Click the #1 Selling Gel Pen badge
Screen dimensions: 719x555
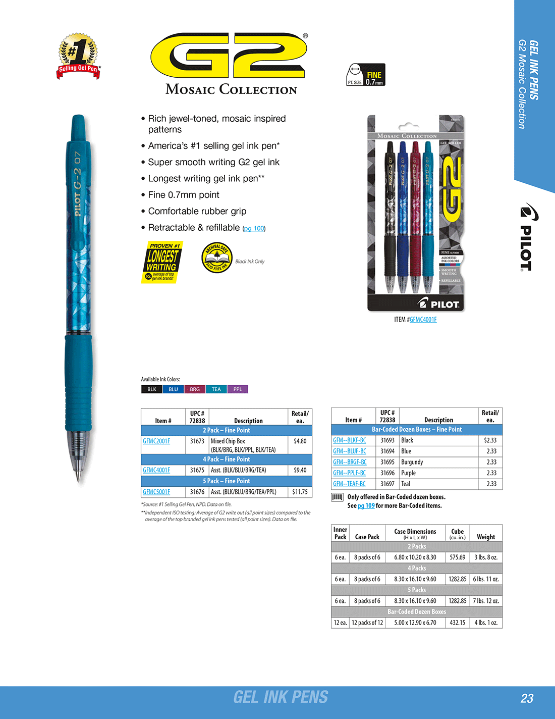coord(79,57)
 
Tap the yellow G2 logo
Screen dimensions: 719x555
coord(229,56)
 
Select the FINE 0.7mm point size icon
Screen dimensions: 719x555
coord(366,75)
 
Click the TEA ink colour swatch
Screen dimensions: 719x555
coord(216,389)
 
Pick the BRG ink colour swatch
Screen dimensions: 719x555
coord(195,389)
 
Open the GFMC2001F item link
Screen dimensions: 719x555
coord(156,441)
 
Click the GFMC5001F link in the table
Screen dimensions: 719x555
coord(156,492)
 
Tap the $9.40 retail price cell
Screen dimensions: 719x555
coord(300,470)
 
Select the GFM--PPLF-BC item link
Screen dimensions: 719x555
coord(349,473)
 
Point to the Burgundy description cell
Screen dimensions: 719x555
coord(412,462)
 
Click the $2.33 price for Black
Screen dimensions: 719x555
coord(490,440)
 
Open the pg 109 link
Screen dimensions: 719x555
coord(366,506)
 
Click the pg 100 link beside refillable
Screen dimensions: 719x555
coord(254,229)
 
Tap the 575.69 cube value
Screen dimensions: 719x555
coord(457,557)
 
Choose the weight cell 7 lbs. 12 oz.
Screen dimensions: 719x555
coord(486,601)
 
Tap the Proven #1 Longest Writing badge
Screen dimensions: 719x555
coord(162,262)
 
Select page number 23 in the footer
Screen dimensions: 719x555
coord(527,698)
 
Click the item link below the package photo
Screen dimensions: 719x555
coord(423,320)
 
